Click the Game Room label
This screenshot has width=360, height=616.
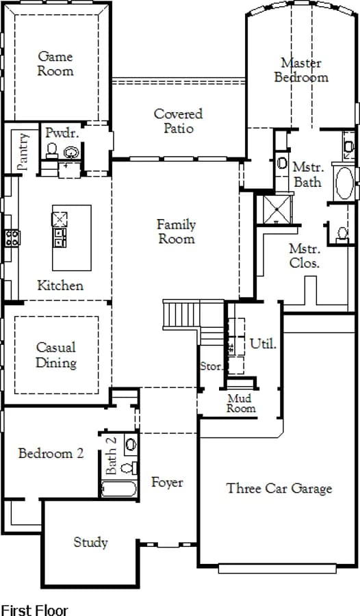click(55, 63)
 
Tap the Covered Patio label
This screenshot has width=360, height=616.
click(179, 120)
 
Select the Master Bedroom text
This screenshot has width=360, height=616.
click(301, 70)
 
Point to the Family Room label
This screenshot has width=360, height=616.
click(177, 231)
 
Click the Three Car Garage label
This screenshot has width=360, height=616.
click(279, 488)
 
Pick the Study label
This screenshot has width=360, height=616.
click(90, 543)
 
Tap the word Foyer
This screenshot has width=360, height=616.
click(167, 482)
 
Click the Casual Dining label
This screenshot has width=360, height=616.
click(56, 355)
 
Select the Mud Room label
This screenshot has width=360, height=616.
click(241, 403)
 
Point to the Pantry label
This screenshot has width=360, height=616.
click(23, 152)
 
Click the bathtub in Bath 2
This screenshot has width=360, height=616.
click(118, 489)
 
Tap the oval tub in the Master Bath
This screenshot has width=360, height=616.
click(345, 183)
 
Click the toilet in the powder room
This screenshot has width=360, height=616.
click(52, 151)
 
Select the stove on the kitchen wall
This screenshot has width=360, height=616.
click(12, 238)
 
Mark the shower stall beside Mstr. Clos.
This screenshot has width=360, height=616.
click(277, 209)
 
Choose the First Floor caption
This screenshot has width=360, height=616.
click(35, 610)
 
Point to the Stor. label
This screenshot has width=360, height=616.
click(211, 366)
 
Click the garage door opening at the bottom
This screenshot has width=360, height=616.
click(277, 569)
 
